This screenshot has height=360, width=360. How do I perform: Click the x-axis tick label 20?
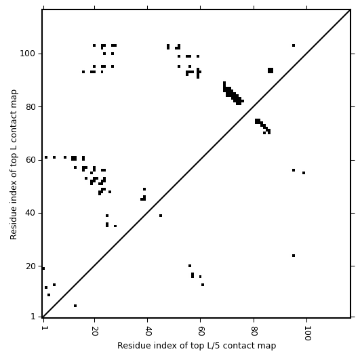[94, 331]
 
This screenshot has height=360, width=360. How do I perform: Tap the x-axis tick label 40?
[147, 331]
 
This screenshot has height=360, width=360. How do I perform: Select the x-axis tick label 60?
[201, 331]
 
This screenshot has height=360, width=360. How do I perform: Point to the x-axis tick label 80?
[254, 331]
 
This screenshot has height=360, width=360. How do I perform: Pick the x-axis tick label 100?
[306, 333]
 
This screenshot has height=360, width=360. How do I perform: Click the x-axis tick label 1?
[43, 328]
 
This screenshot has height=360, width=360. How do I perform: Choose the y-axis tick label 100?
[28, 54]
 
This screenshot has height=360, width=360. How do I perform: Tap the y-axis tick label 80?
[31, 107]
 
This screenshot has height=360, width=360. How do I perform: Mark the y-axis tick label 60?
[31, 160]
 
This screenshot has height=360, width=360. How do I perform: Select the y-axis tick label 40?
[31, 213]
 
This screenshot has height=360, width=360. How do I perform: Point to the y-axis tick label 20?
[31, 266]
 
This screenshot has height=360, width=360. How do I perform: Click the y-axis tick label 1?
[33, 317]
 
